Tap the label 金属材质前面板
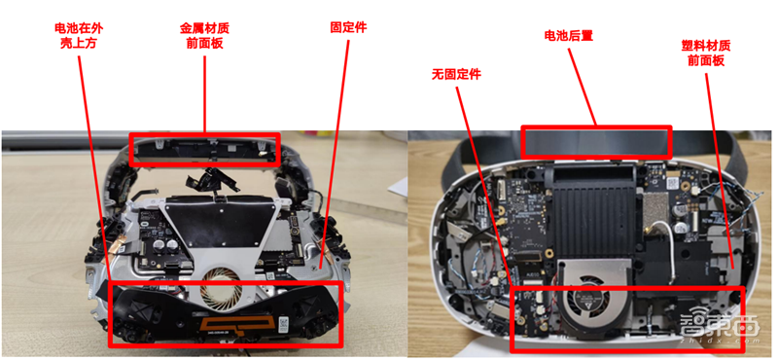pos(206,36)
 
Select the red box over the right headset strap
pos(596,141)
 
